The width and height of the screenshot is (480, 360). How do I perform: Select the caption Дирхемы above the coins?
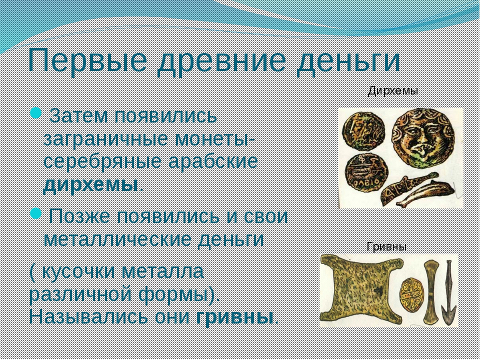click(x=393, y=91)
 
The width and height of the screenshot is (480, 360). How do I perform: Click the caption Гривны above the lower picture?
click(x=386, y=246)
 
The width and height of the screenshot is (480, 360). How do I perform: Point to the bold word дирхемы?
click(x=91, y=184)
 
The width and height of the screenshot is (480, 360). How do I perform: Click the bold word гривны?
click(x=234, y=317)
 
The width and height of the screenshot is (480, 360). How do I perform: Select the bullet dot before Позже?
click(x=36, y=213)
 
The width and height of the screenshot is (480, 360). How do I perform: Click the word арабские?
click(x=213, y=161)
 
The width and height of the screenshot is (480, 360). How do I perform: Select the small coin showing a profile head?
click(x=363, y=131)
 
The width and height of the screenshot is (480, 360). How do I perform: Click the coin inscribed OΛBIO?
click(x=366, y=172)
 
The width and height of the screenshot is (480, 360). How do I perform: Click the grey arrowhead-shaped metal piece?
click(x=449, y=292)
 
